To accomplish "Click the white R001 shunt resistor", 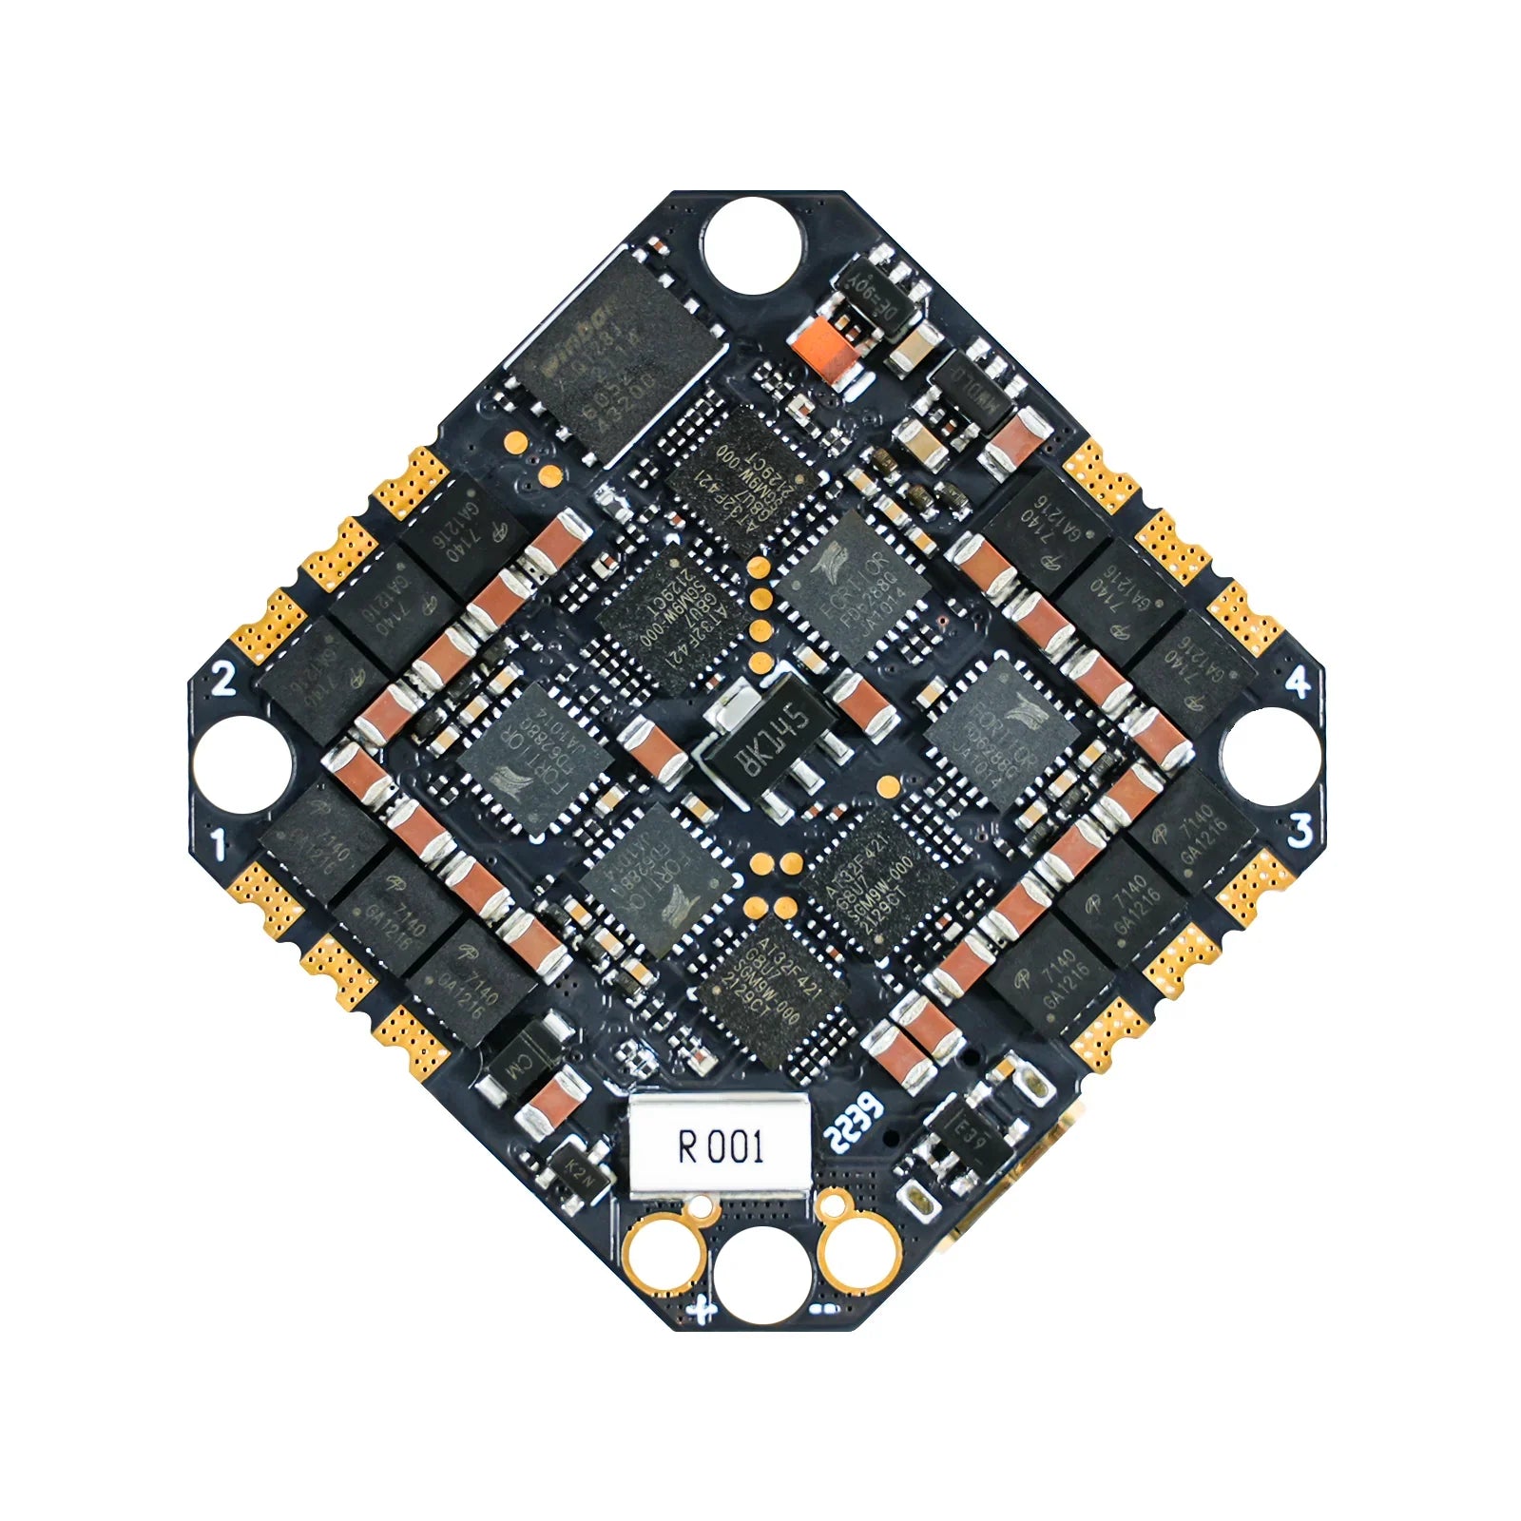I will (720, 1147).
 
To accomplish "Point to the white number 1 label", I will (221, 842).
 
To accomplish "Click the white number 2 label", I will (223, 678).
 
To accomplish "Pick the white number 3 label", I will (1300, 830).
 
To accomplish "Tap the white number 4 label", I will (1299, 683).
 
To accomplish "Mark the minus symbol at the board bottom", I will (824, 1310).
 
